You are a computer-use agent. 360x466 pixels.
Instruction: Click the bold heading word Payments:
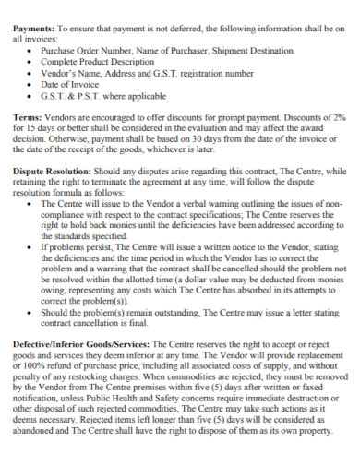pyautogui.click(x=33, y=28)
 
